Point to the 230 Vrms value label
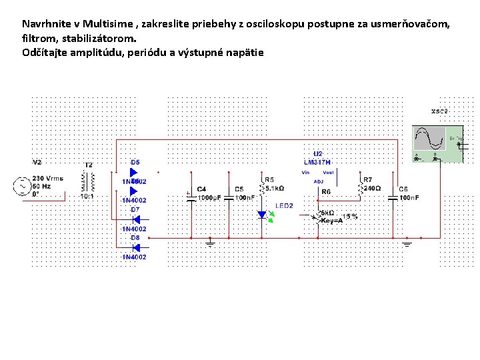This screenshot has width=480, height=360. (48, 178)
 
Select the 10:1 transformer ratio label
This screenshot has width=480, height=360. (87, 197)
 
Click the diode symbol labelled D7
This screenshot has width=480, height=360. (135, 219)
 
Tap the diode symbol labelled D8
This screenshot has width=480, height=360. (135, 247)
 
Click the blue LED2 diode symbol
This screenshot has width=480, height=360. (262, 215)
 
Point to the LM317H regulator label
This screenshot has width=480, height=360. (317, 162)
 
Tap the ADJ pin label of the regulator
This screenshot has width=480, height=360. (318, 181)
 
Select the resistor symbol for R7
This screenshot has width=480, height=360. (361, 189)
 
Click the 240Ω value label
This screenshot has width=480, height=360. (372, 189)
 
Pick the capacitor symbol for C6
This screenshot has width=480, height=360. (393, 198)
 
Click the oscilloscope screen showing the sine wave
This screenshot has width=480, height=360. (429, 139)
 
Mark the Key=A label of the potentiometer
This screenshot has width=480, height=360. (331, 221)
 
